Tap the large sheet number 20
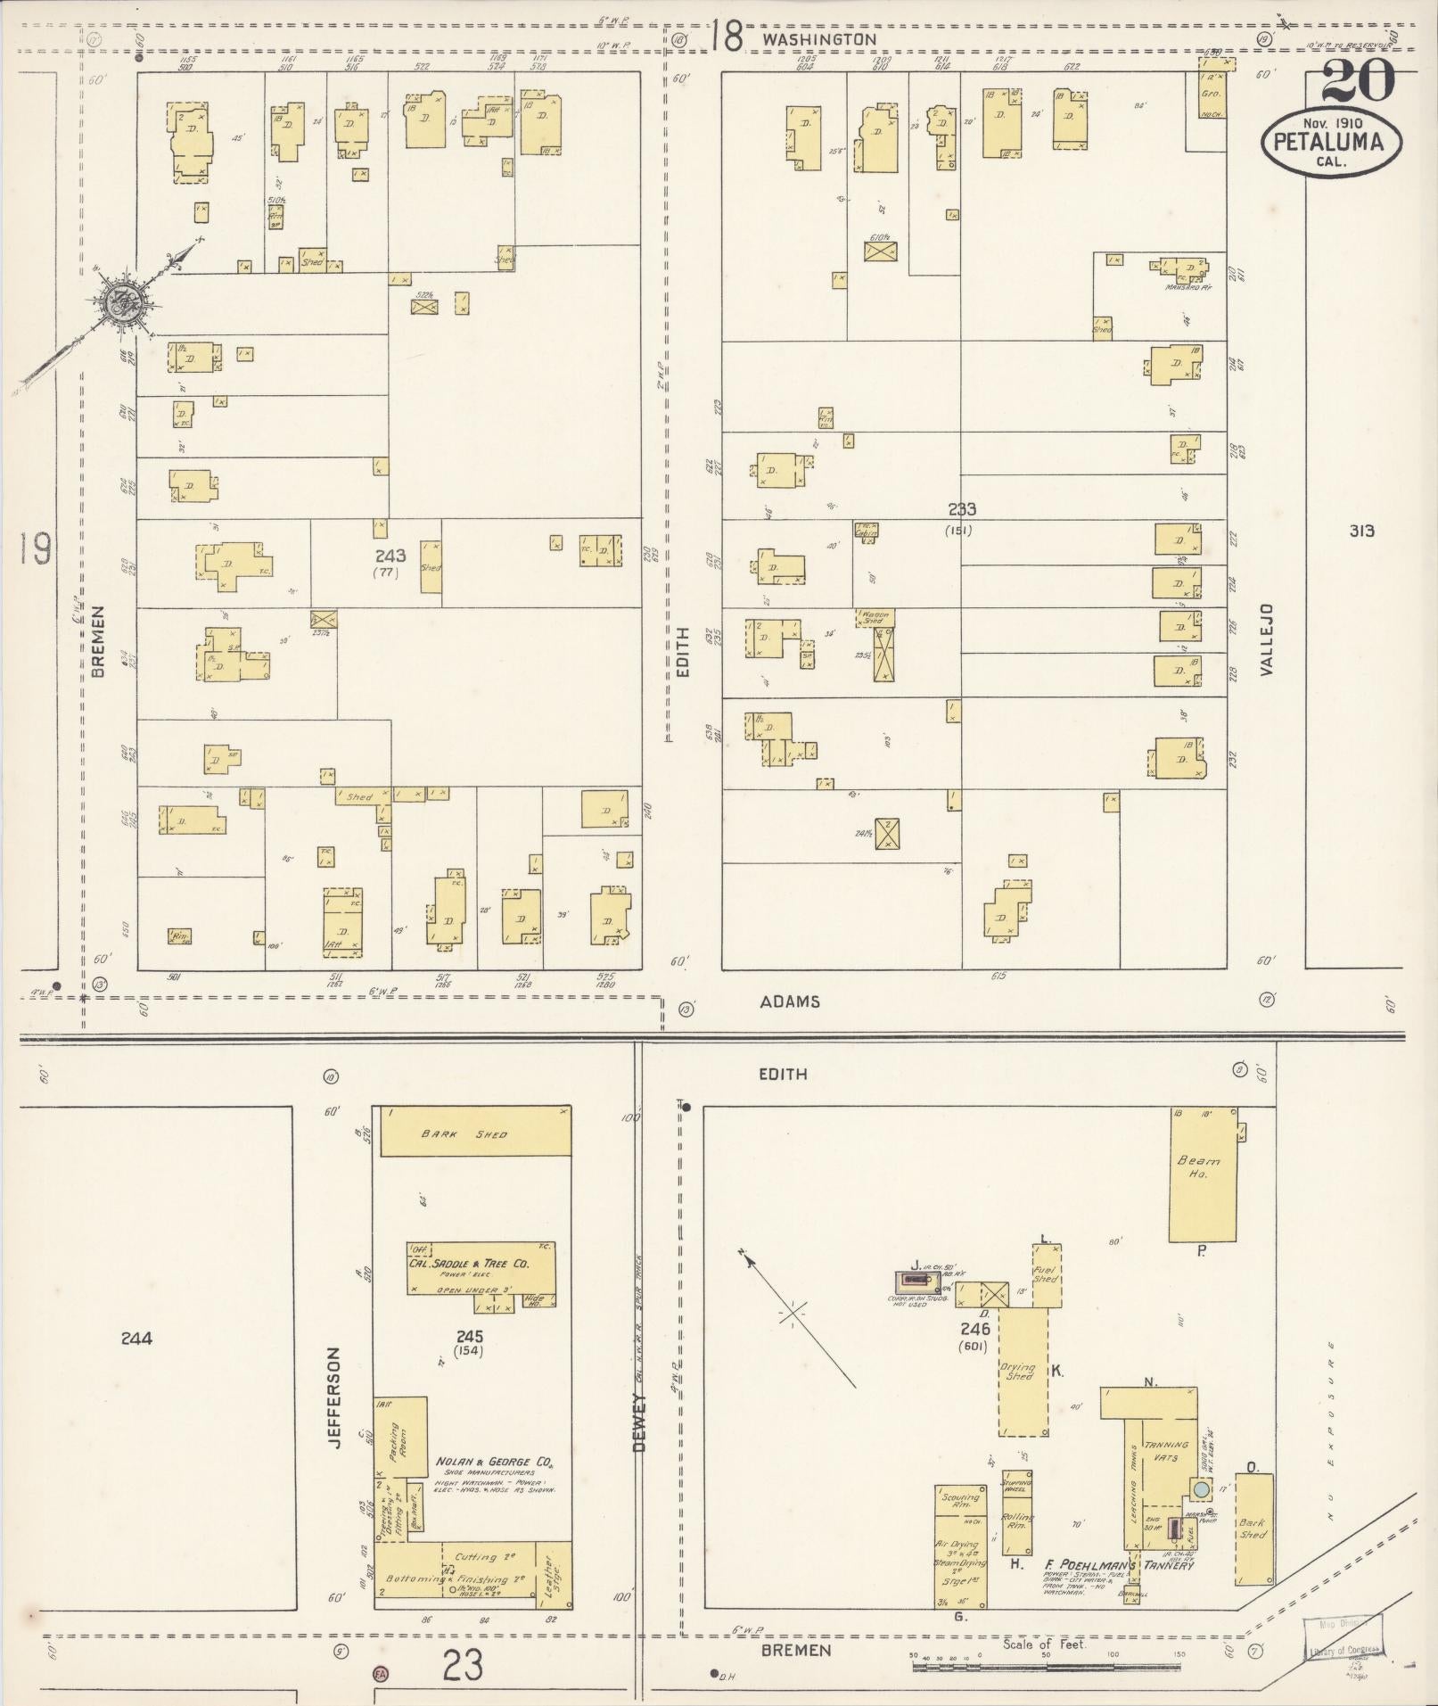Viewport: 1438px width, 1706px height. (x=1358, y=82)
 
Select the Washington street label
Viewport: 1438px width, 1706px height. (x=819, y=39)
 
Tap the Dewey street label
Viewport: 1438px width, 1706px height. (x=639, y=1426)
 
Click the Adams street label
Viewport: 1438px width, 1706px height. (x=790, y=1001)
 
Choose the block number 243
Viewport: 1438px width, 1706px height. (x=390, y=556)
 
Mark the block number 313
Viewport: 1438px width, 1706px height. (x=1361, y=532)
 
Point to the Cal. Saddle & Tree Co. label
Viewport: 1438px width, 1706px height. (x=481, y=1264)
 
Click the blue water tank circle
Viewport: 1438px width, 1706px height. (x=1202, y=1488)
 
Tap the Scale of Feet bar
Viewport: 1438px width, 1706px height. (x=1047, y=1666)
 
